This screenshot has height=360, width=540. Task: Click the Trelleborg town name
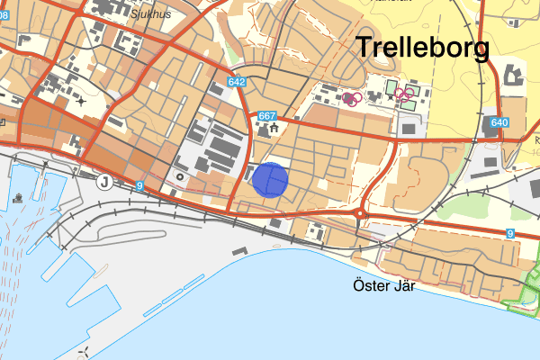(423, 48)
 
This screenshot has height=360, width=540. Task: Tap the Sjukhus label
(150, 13)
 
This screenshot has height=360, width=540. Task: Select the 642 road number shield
(237, 83)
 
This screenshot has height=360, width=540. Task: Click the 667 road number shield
(266, 116)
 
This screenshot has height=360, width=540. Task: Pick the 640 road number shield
(500, 122)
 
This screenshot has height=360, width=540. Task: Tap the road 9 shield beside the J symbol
(139, 185)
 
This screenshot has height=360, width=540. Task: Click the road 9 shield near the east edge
(509, 234)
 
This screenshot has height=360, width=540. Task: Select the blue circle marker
(269, 180)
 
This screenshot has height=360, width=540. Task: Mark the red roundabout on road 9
(360, 214)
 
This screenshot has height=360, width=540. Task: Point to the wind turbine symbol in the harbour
(83, 350)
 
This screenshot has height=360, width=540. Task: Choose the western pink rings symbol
(351, 98)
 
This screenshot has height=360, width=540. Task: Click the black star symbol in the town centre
(83, 101)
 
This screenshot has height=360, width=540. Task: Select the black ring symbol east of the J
(179, 177)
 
